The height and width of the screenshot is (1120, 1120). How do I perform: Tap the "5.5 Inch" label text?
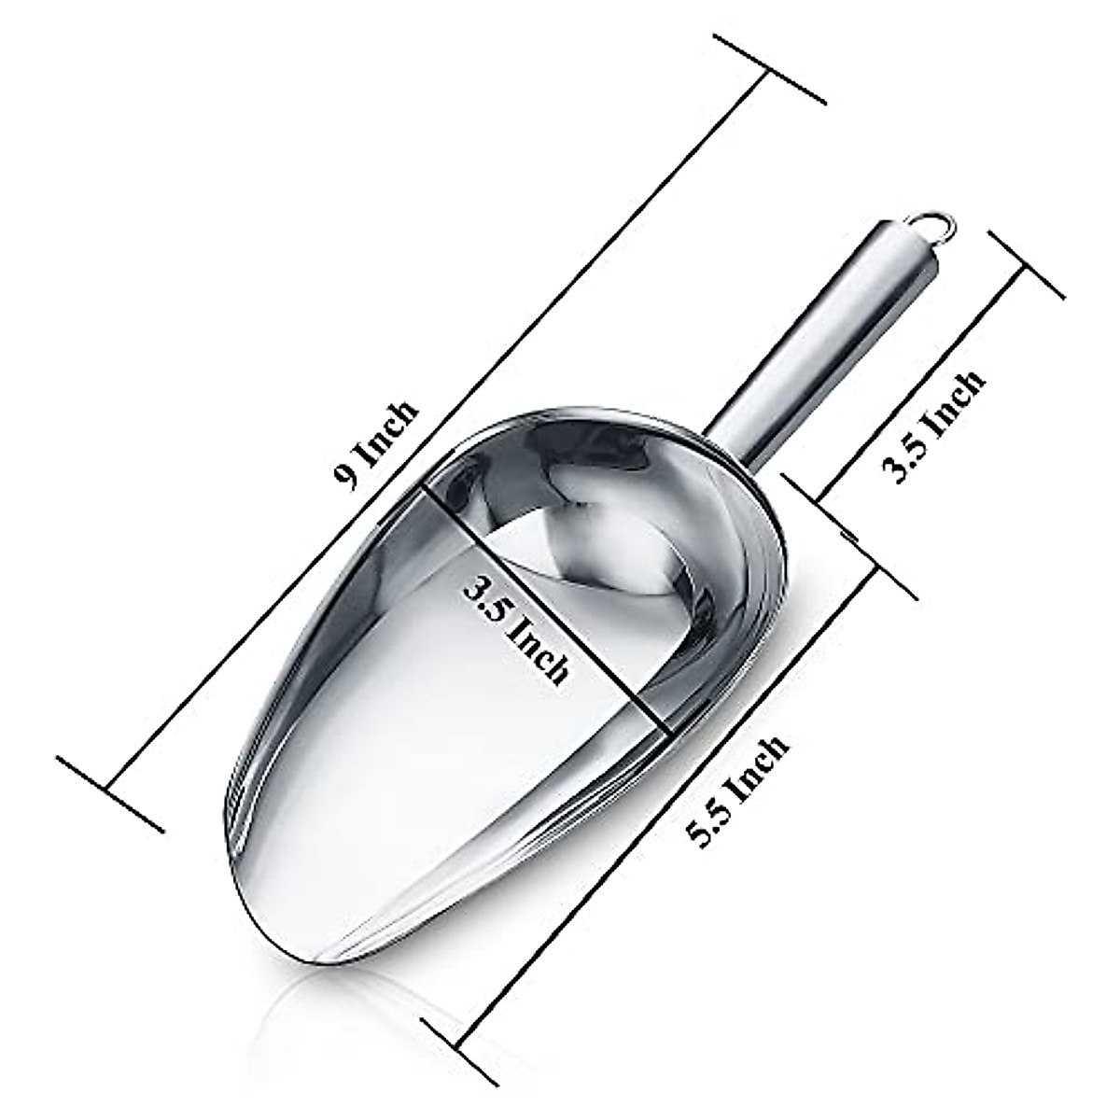coord(736,791)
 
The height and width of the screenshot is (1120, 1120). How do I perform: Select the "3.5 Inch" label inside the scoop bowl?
coord(515,631)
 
